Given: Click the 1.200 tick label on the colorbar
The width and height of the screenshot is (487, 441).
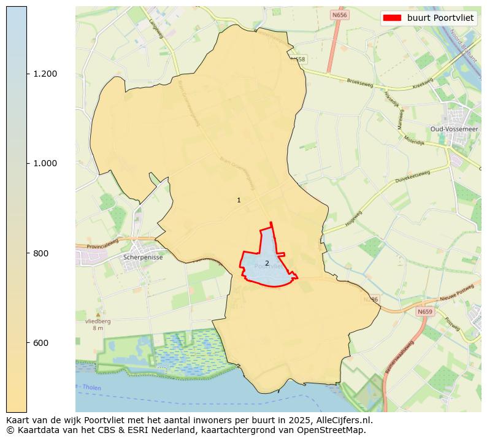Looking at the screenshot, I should click(45, 74).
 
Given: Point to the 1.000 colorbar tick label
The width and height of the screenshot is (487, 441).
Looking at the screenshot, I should click(45, 163).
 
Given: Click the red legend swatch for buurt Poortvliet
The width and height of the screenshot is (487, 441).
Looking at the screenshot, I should click(392, 18).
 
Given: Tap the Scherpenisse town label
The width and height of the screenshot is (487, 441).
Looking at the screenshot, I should click(143, 258).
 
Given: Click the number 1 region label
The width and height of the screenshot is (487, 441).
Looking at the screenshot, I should click(239, 201).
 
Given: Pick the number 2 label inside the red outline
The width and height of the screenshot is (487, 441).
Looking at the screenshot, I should click(267, 263).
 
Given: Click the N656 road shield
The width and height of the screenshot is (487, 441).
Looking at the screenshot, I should click(339, 15).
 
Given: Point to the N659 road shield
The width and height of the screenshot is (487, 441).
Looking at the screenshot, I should click(424, 312).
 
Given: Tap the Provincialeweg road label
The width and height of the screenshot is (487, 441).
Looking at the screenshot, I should click(102, 245).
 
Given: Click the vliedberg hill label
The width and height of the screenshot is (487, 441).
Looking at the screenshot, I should click(98, 321).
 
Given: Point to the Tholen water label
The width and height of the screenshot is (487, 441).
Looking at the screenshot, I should click(91, 388).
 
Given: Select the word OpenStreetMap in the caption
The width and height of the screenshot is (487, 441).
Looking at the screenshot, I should click(334, 430).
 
